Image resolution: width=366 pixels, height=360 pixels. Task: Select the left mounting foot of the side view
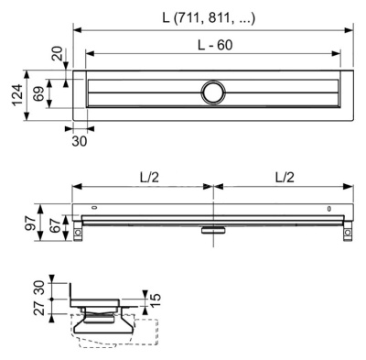(x=80, y=235)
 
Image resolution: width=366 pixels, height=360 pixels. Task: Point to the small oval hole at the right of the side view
(x=329, y=209)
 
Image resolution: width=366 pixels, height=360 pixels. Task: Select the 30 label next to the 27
(x=37, y=286)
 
